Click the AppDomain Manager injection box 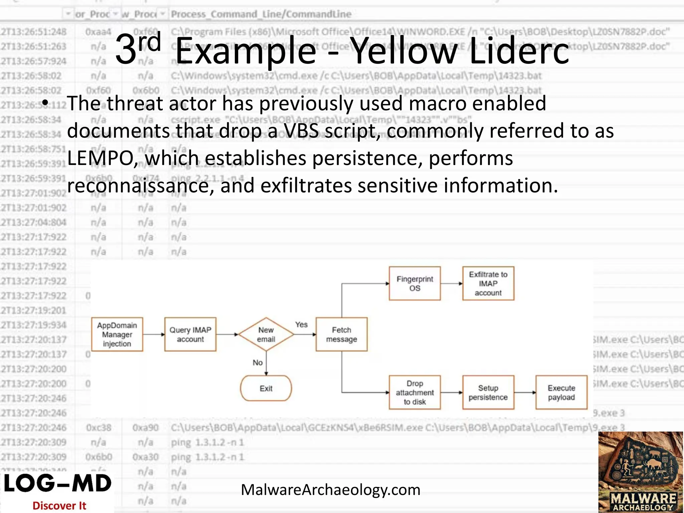coord(117,334)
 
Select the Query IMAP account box coord(190,334)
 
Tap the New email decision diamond coord(266,334)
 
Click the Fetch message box coord(341,334)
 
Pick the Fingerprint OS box coord(414,283)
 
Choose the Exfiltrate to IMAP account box coord(488,283)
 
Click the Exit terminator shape coord(266,388)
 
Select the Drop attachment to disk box coord(414,392)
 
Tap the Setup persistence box coord(488,392)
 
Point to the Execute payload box coord(561,392)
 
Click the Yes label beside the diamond coord(301,324)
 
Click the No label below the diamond coord(258,362)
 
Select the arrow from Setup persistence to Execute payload coord(525,392)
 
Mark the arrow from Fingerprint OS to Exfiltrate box coord(451,284)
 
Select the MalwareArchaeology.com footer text coord(331,490)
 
